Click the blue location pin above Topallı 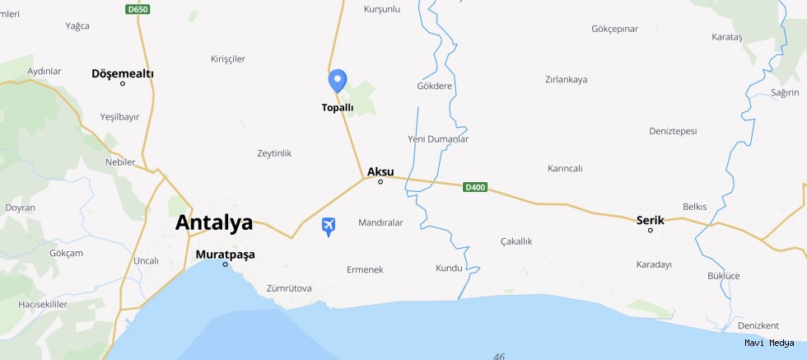pyautogui.click(x=337, y=81)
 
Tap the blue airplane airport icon pyautogui.click(x=329, y=226)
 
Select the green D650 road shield pyautogui.click(x=138, y=9)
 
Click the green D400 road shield pyautogui.click(x=475, y=187)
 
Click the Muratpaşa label pyautogui.click(x=225, y=255)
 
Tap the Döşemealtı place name pyautogui.click(x=123, y=73)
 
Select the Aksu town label pyautogui.click(x=380, y=171)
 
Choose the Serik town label pyautogui.click(x=651, y=220)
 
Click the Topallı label pyautogui.click(x=338, y=108)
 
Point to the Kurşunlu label pyautogui.click(x=381, y=9)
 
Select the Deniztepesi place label pyautogui.click(x=673, y=131)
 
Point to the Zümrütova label pyautogui.click(x=289, y=288)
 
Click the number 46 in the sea pyautogui.click(x=498, y=356)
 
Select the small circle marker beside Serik pyautogui.click(x=651, y=231)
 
